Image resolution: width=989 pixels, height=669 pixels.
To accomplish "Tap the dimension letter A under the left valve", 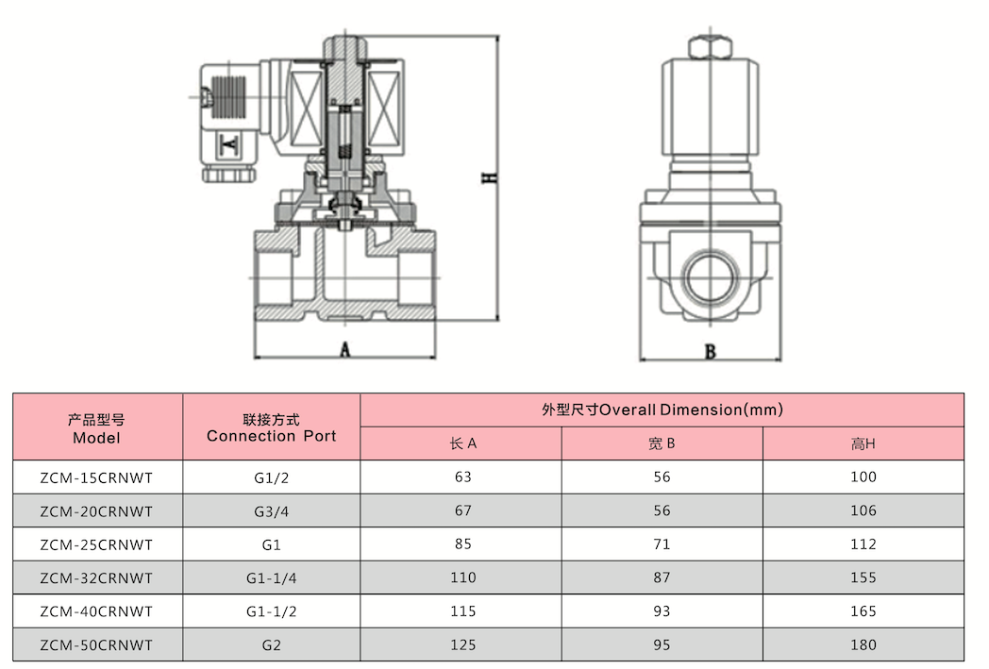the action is point(344,349).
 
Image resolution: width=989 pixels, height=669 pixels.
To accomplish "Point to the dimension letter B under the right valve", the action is point(711,352).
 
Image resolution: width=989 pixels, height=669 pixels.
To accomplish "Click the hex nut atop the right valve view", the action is point(711,47).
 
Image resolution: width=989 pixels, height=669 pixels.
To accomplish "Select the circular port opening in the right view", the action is point(711,276).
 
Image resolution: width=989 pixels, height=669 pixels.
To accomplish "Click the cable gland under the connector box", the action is point(229,174).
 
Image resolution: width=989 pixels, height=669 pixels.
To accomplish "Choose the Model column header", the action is point(96,428).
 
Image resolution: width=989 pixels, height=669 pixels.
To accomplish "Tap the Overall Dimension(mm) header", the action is point(662,410).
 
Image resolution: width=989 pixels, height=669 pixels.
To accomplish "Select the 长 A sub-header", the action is point(463,443).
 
